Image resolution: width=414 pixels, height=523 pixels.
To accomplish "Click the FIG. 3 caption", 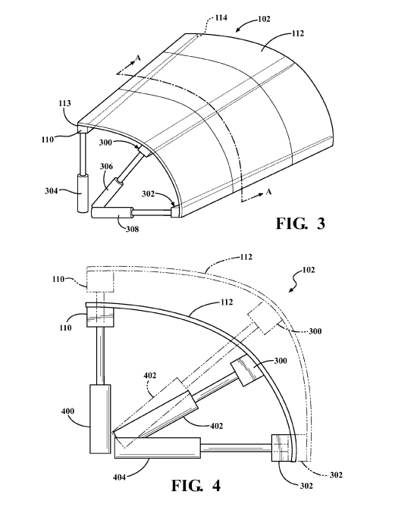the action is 300,223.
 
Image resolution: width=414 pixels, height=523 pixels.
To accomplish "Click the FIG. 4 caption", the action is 196,485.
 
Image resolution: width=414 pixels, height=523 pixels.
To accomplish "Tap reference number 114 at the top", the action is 221,17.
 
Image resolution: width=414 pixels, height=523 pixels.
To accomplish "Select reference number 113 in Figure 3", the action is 64,103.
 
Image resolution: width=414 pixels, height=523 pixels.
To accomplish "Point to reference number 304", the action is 52,191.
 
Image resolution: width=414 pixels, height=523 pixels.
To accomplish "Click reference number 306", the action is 106,166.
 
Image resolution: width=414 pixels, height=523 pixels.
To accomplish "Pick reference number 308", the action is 132,229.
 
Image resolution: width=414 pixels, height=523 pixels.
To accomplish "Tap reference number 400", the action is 67,411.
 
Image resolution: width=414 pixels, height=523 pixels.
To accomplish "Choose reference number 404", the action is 119,478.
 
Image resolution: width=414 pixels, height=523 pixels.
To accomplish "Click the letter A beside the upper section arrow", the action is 138,58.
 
